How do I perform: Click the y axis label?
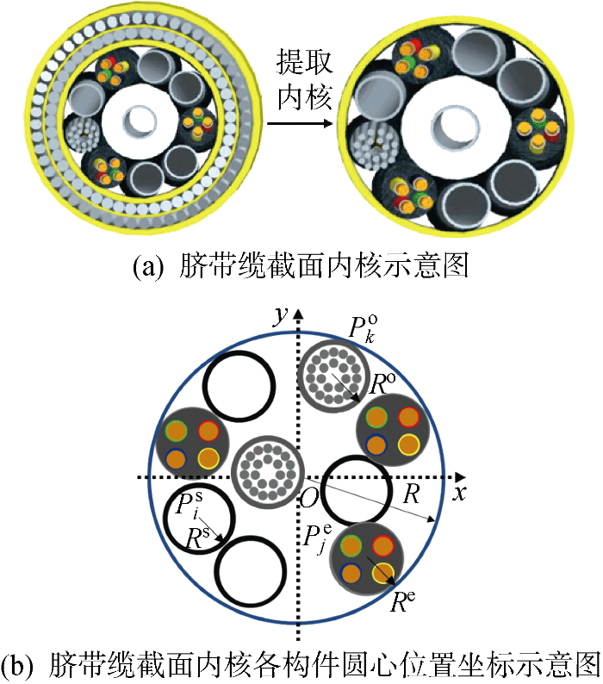279,316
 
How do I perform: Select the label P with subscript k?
362,328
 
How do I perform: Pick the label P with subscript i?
181,506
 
